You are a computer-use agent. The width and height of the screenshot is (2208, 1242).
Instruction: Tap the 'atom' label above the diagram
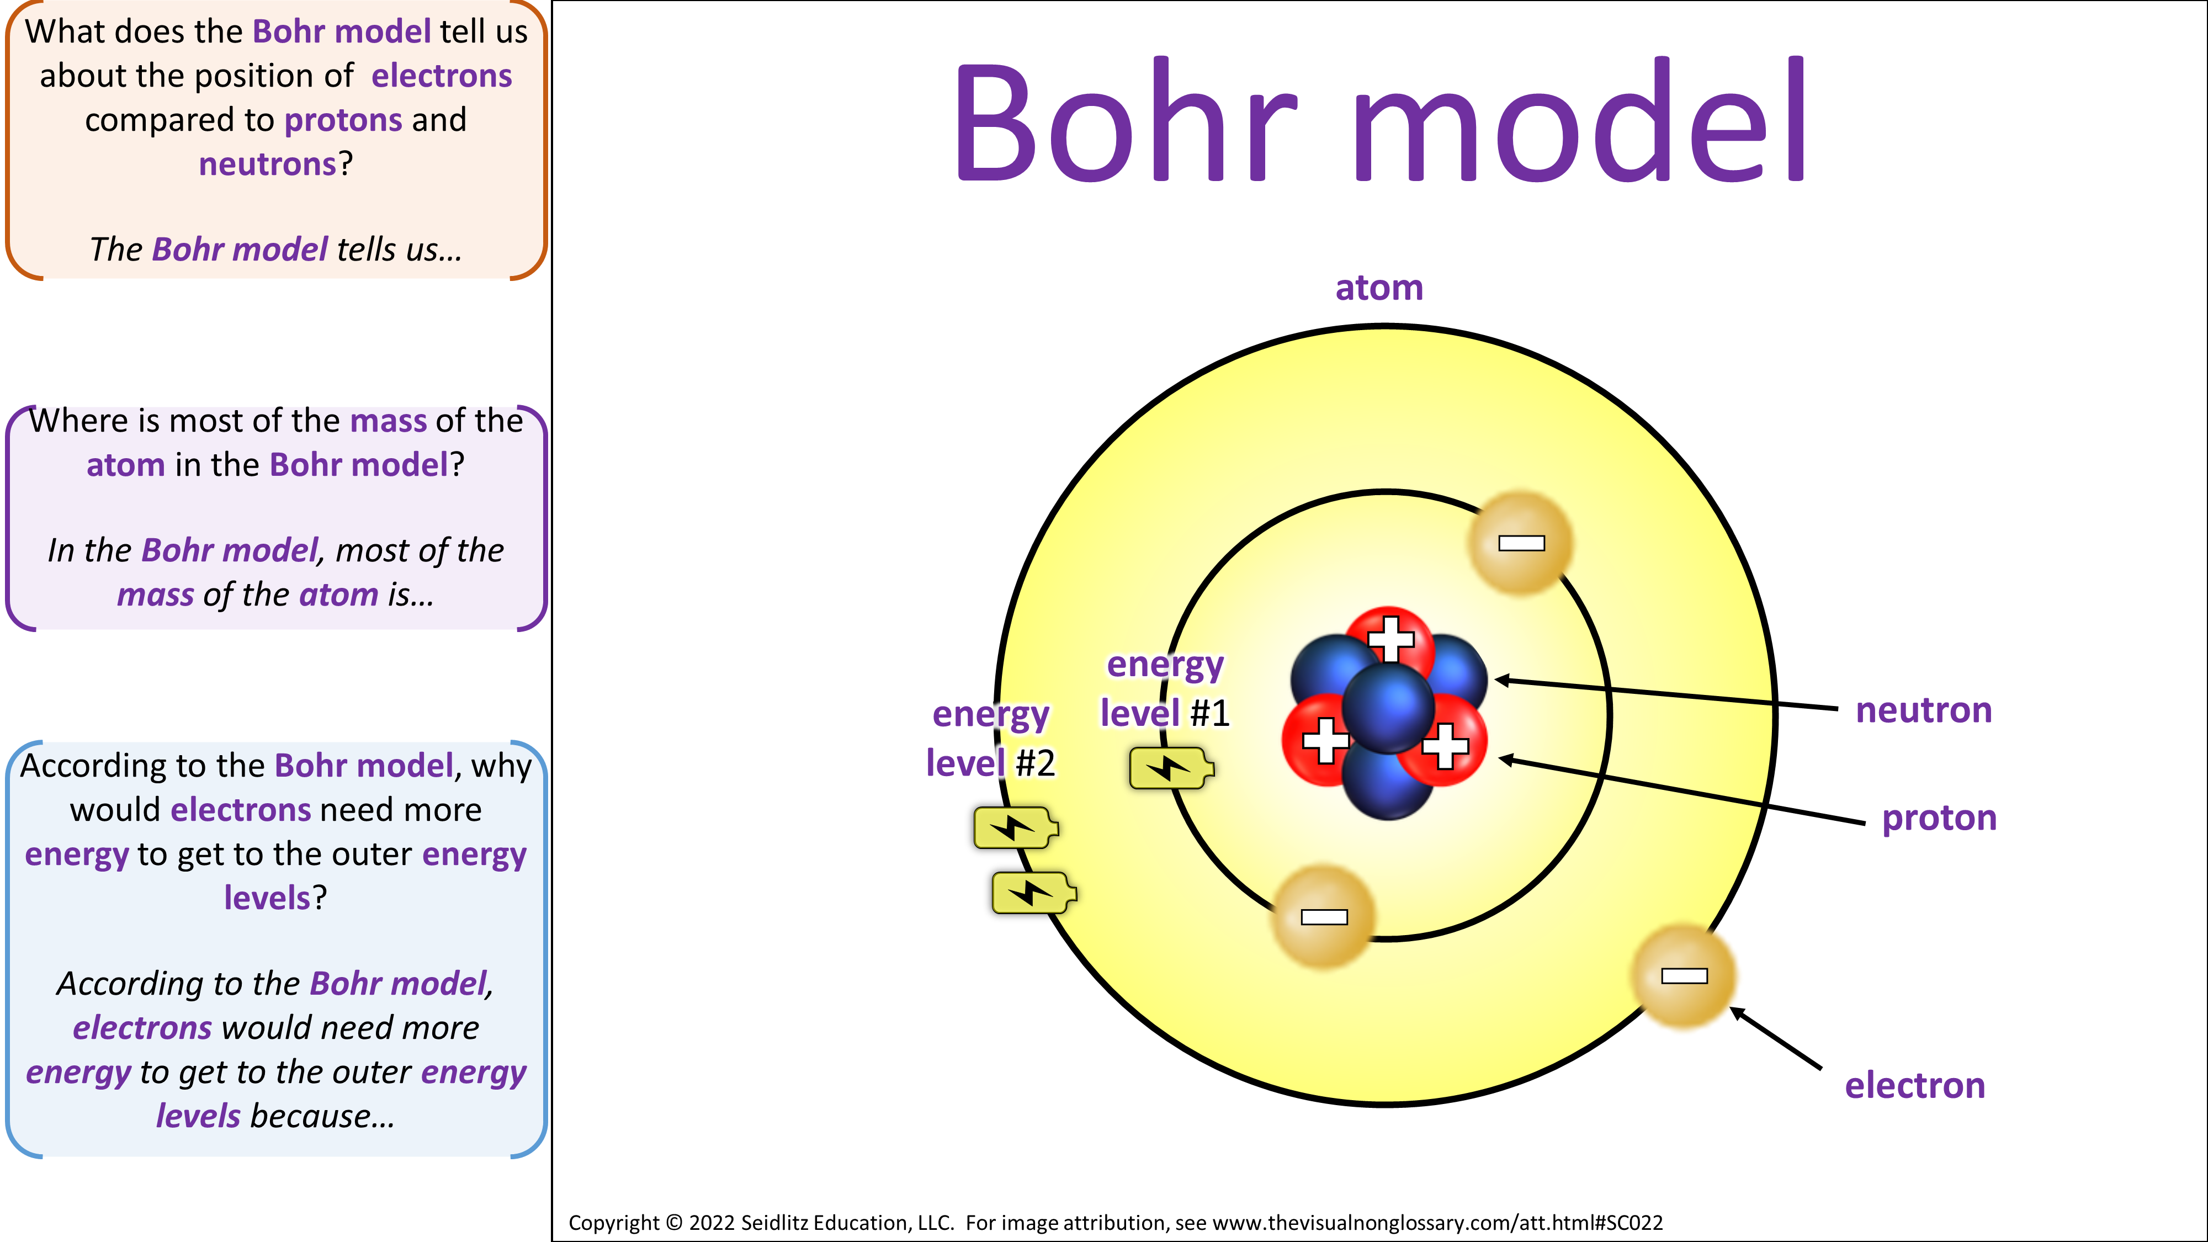point(1379,288)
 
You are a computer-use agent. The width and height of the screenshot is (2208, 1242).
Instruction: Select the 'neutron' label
point(1923,710)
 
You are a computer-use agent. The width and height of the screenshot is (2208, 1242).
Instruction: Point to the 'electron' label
point(1915,1086)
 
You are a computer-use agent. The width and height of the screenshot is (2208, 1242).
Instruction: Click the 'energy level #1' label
point(1165,689)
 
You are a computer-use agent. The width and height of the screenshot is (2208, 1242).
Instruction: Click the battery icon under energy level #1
point(1171,768)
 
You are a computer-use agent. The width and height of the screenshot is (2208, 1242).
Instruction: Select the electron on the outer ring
point(1684,975)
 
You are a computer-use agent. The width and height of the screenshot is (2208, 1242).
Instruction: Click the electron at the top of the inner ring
point(1521,543)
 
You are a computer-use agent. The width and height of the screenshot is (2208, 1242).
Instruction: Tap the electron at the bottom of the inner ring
point(1324,917)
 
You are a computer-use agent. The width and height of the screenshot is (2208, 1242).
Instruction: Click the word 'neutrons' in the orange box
point(267,164)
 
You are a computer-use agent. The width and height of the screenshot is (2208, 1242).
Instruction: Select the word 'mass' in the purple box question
point(388,421)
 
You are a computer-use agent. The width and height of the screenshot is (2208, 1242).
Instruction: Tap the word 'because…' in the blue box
point(322,1117)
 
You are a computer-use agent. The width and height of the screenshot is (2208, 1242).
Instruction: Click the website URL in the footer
point(1437,1223)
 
